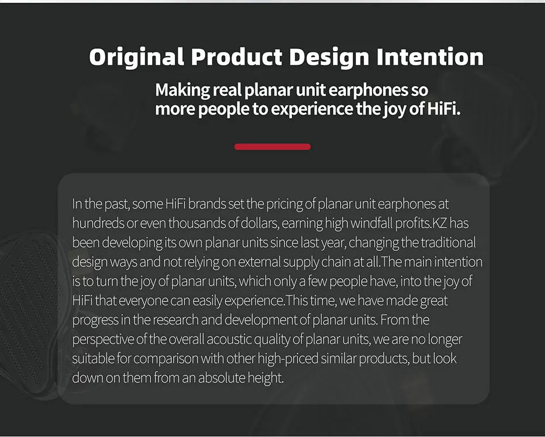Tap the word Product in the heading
pos(236,57)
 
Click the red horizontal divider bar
pos(272,146)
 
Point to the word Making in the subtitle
pos(178,90)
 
